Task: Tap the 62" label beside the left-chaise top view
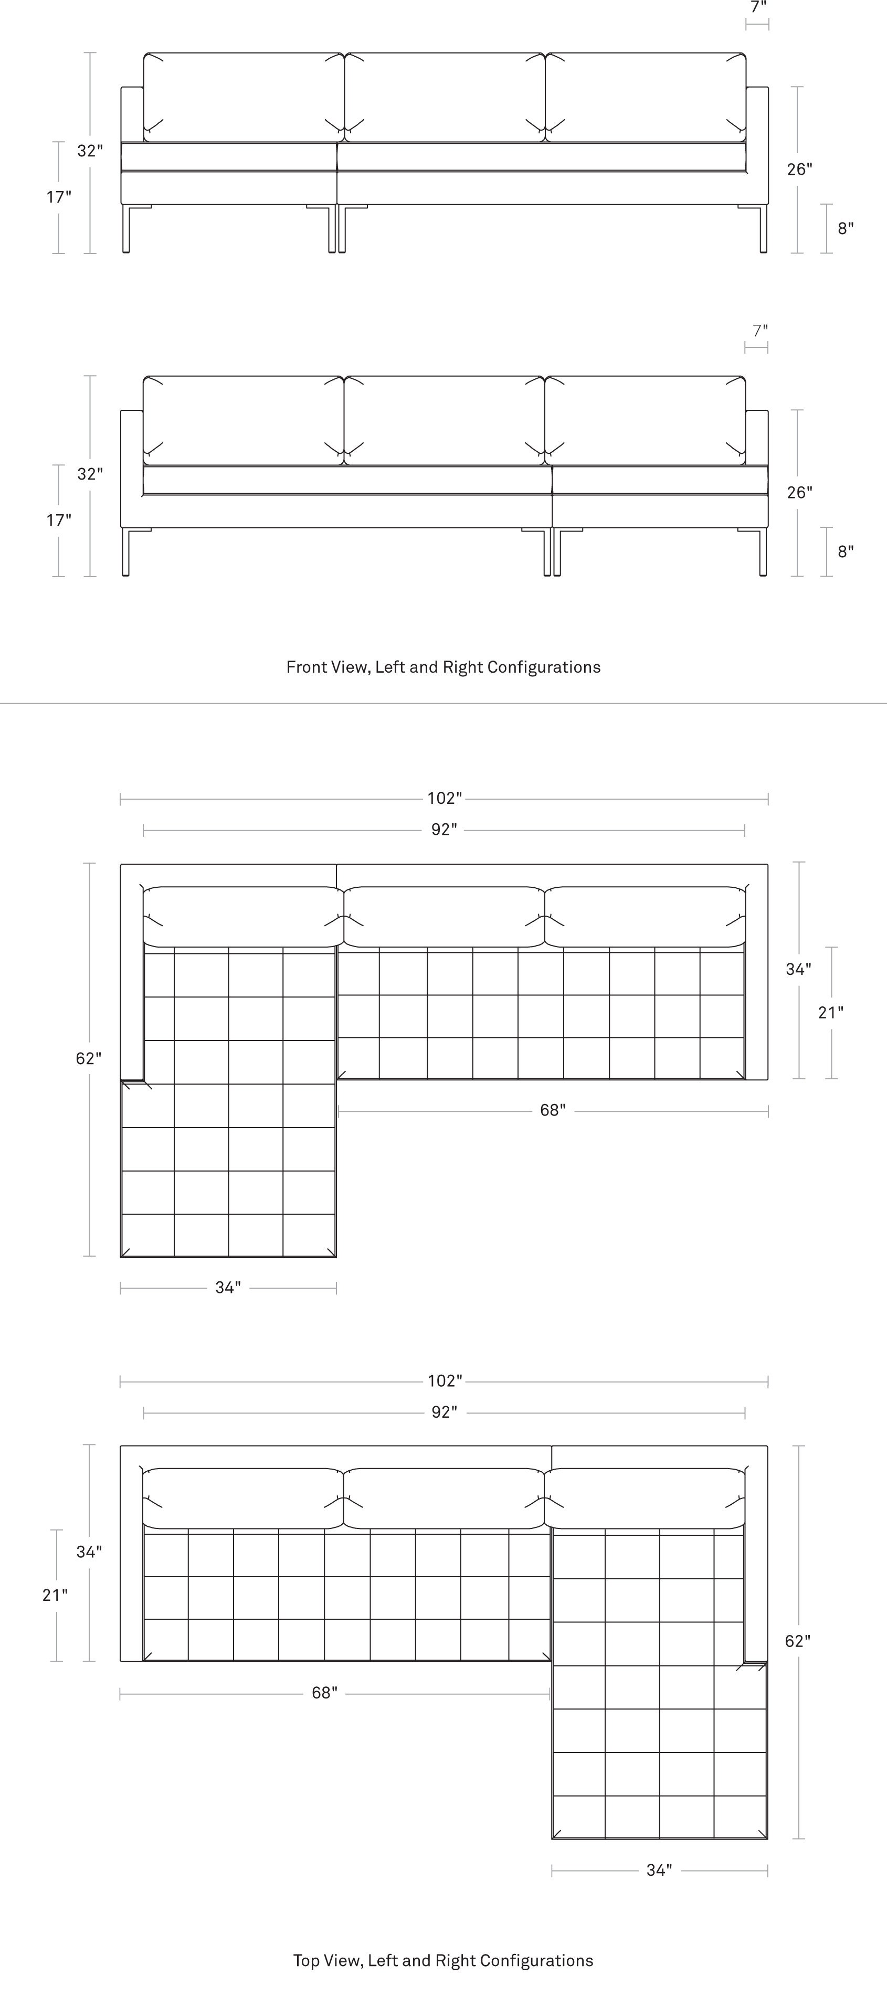click(x=88, y=1058)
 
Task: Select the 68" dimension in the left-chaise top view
click(x=553, y=1110)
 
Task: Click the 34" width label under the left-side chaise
click(x=228, y=1287)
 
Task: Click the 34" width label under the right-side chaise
click(x=659, y=1870)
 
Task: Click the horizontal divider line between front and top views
click(x=443, y=703)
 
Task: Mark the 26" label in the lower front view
click(x=799, y=492)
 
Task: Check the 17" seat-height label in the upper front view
click(x=58, y=197)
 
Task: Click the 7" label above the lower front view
click(x=761, y=330)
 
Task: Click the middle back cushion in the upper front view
click(x=445, y=98)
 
